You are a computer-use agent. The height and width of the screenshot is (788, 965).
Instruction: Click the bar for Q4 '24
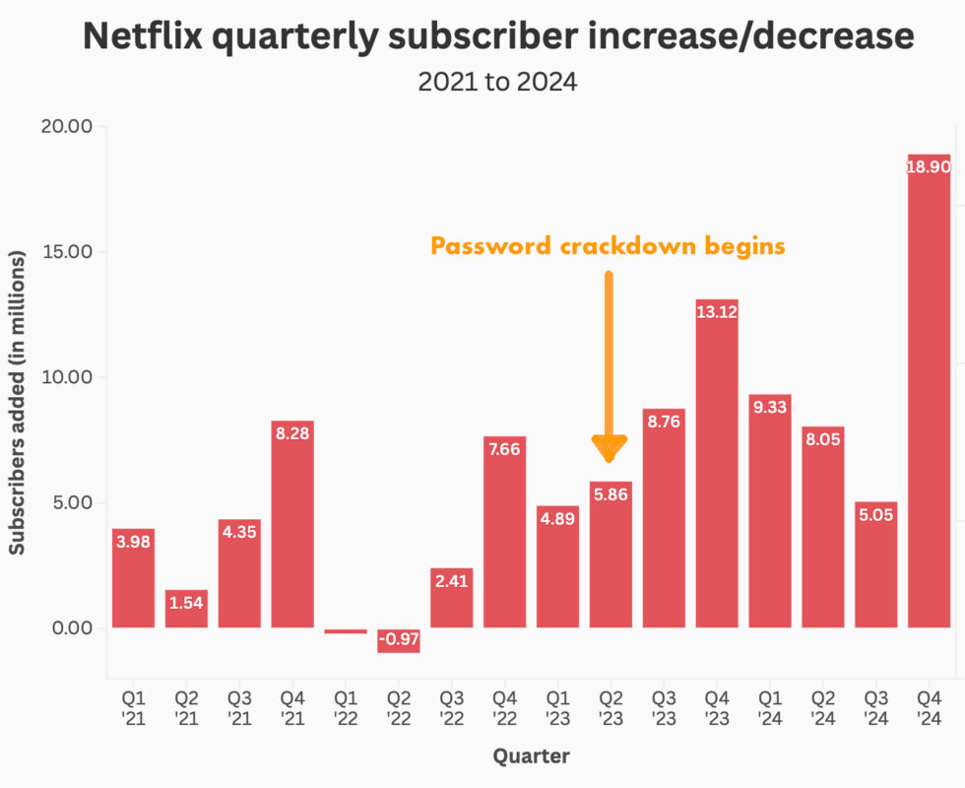tap(929, 394)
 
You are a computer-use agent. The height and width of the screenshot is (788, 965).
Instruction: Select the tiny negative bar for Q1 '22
tap(346, 630)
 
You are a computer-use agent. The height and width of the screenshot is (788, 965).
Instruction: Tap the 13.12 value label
tap(717, 311)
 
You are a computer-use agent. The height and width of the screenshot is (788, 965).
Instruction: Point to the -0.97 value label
tap(399, 639)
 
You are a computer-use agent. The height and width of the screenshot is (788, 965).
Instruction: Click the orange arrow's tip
tap(610, 459)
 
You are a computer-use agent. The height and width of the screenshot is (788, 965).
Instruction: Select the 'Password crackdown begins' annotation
tap(608, 245)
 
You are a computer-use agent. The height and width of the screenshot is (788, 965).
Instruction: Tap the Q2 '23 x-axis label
tap(611, 709)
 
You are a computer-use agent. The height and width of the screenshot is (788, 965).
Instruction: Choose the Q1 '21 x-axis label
tap(133, 709)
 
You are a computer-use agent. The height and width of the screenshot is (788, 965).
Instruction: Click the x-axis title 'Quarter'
tap(531, 756)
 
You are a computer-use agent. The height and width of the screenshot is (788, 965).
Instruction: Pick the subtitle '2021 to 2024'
tap(497, 82)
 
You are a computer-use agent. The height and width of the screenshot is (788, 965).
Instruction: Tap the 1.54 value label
tap(186, 603)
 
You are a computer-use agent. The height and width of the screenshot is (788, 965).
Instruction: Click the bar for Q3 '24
tap(875, 566)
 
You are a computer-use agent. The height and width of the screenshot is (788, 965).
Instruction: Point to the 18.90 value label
tap(929, 167)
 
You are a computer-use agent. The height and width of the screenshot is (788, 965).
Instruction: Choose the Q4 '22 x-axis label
tap(504, 709)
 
